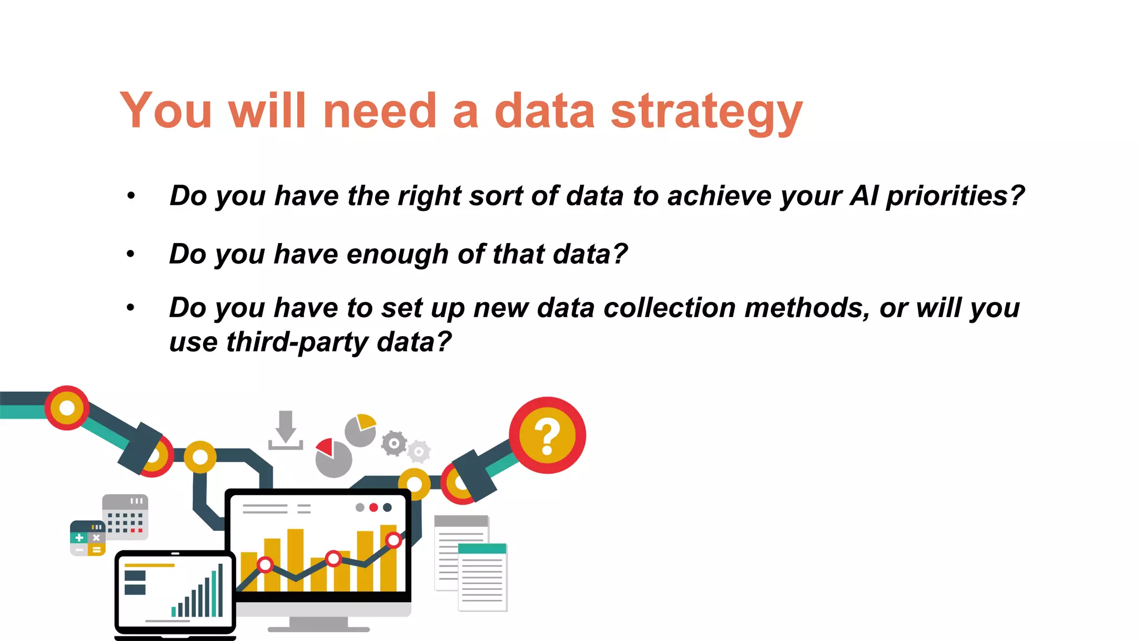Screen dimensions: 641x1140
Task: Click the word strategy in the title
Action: coord(706,112)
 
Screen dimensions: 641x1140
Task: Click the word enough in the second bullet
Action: coord(397,254)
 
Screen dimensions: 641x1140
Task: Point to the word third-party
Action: coord(297,342)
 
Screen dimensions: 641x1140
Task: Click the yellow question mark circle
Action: coord(547,435)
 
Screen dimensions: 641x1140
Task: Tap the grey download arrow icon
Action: coord(286,430)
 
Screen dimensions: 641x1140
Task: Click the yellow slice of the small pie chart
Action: coord(366,421)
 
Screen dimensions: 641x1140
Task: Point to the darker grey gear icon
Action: coord(394,443)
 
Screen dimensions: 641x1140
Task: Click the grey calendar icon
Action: coord(125,516)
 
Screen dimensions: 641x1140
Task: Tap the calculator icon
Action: coord(87,538)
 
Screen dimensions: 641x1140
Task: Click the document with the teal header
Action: coord(482,577)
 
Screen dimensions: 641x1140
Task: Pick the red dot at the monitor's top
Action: coord(374,507)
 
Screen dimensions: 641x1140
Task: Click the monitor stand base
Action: coord(318,629)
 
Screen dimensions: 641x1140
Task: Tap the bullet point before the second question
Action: coord(131,254)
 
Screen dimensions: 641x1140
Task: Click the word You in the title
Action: coord(166,112)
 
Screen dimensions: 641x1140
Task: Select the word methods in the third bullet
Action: coord(807,308)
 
